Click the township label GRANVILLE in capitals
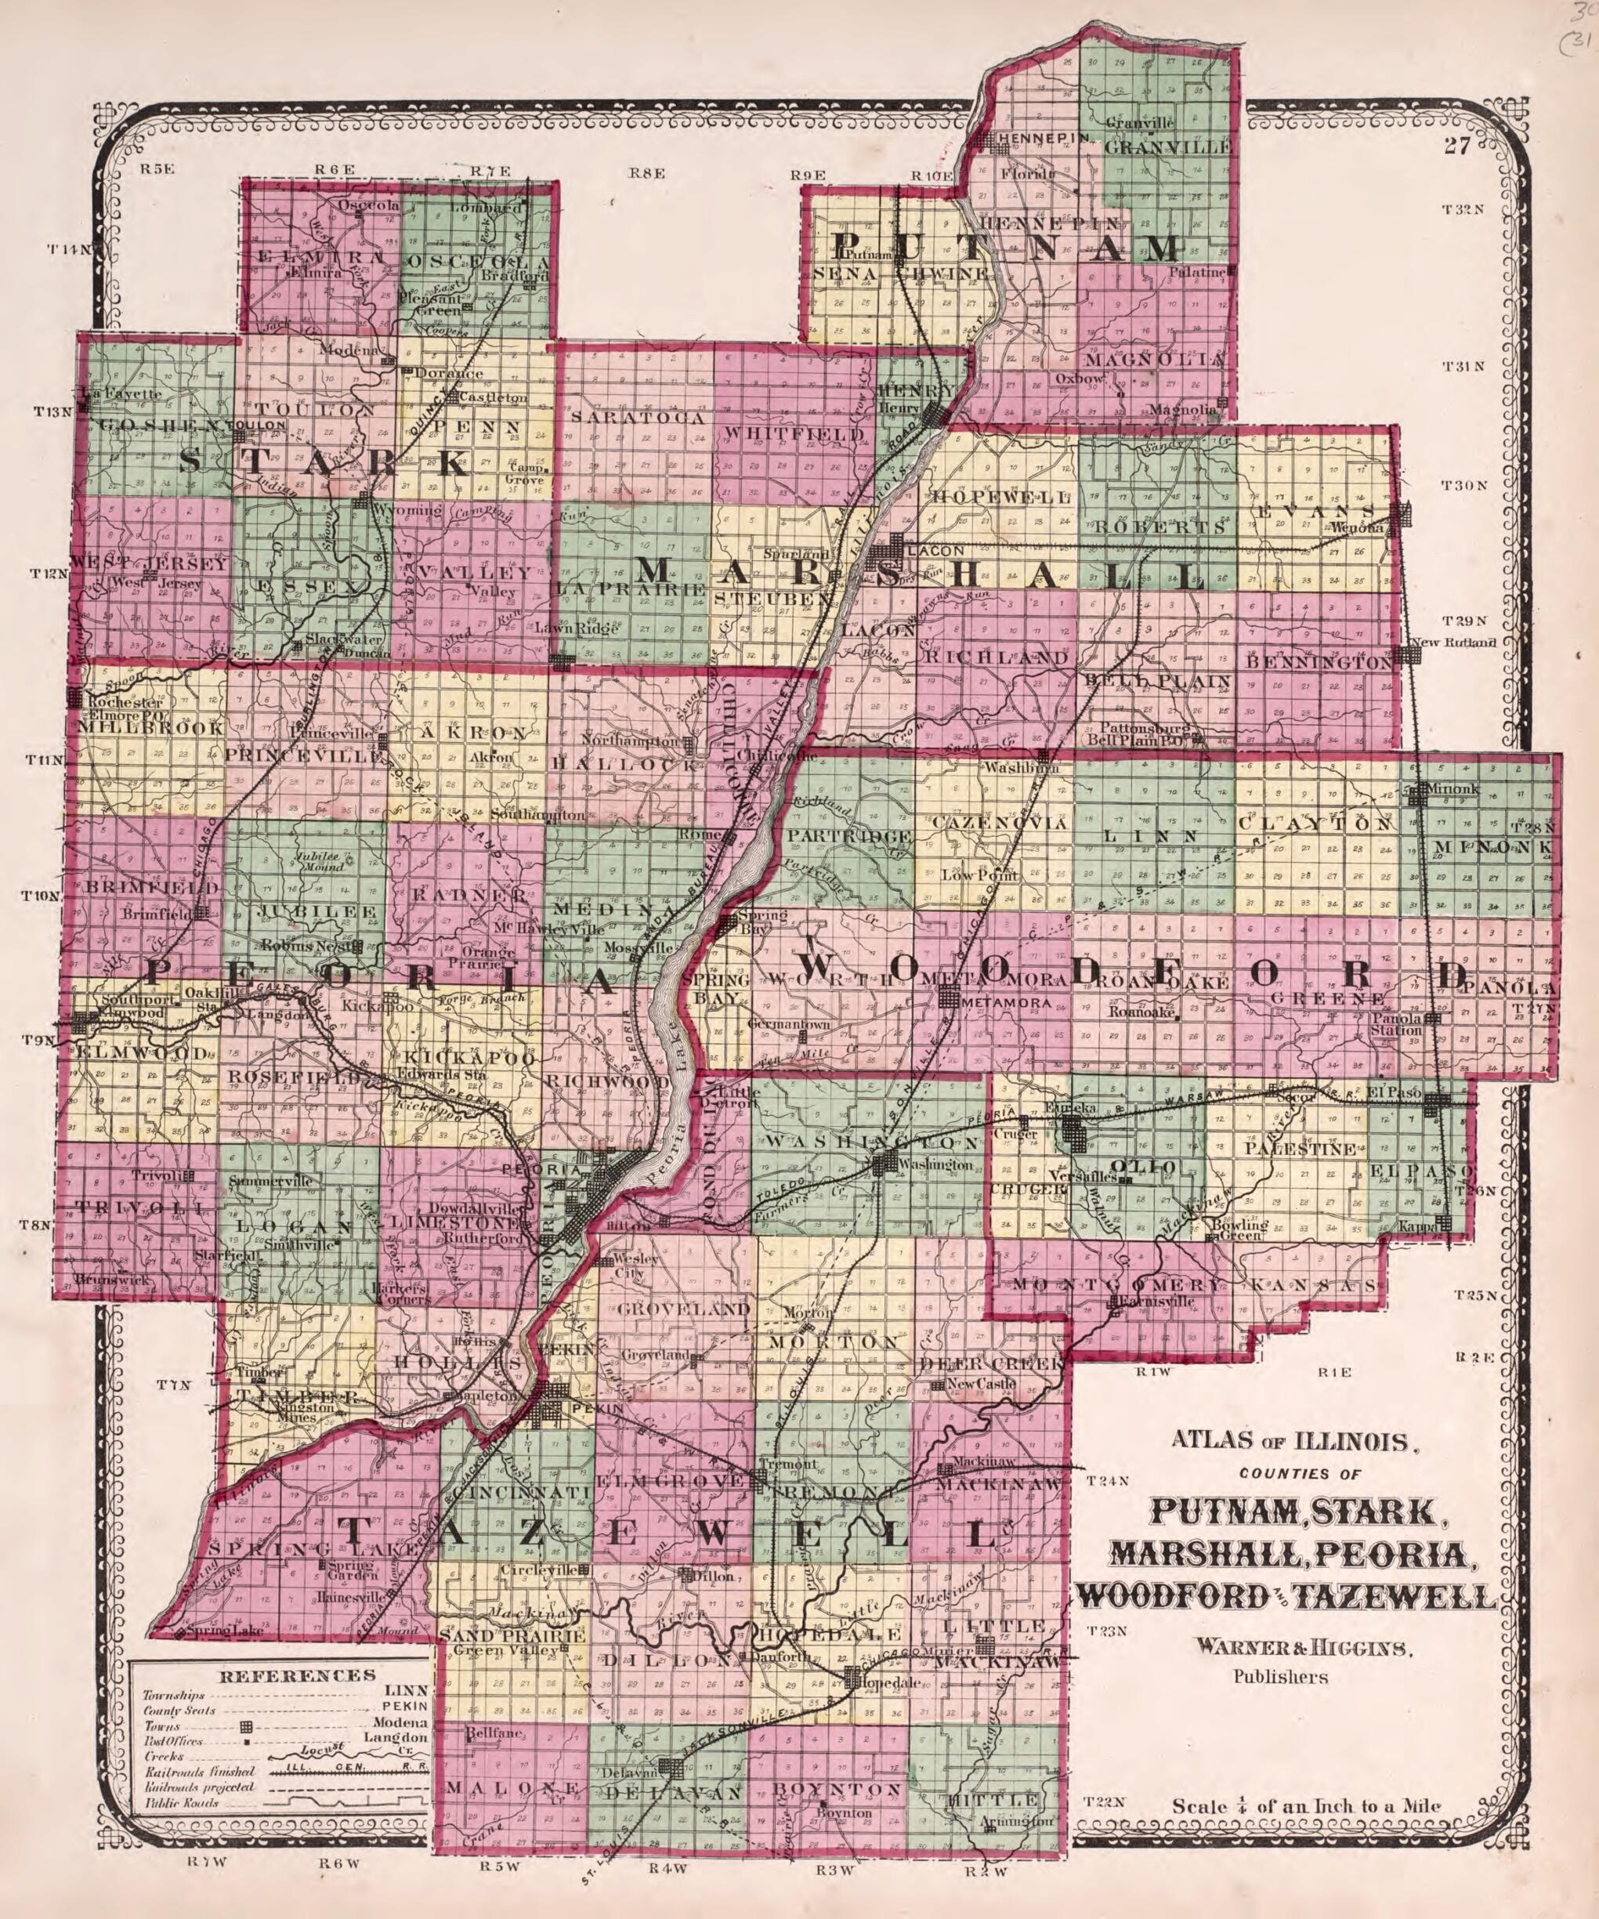(1168, 147)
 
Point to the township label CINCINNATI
(515, 1492)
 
